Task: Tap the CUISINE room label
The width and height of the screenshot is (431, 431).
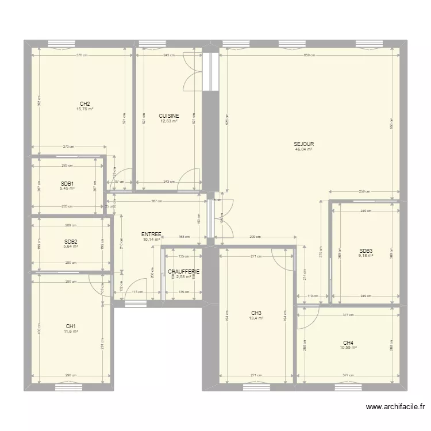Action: pos(169,116)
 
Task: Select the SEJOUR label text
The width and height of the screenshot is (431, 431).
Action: pos(303,144)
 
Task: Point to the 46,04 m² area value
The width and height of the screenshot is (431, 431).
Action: pos(303,149)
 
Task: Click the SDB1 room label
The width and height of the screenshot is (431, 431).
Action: pos(67,183)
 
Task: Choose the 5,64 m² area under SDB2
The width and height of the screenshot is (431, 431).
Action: pos(71,247)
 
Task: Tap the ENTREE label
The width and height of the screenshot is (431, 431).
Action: pos(151,234)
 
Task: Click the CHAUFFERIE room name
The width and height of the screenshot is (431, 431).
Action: pos(184,271)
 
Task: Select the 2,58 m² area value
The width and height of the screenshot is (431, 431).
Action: pos(184,277)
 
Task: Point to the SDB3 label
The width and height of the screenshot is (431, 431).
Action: pos(365,251)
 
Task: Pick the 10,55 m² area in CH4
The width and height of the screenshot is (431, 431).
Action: pos(348,348)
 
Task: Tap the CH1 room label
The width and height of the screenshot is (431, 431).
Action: pos(71,326)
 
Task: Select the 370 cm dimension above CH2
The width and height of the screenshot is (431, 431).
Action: pos(82,55)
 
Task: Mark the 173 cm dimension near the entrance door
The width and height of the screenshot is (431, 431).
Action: pos(137,293)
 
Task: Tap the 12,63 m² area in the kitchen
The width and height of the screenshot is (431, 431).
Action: pos(169,121)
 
